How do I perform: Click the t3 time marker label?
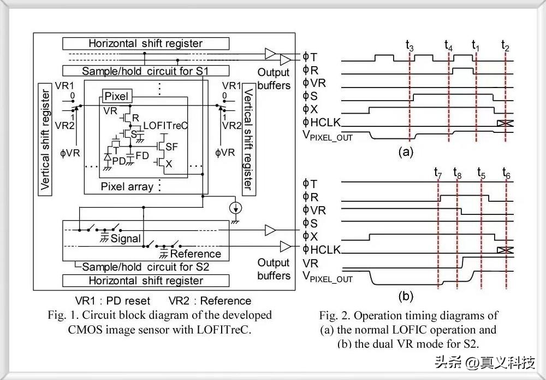[x=410, y=46]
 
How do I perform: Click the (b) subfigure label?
[x=406, y=297]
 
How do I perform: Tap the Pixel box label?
[x=116, y=97]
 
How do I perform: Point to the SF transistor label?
[x=172, y=147]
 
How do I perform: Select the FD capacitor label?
[x=143, y=156]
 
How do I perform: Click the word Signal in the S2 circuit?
[x=126, y=238]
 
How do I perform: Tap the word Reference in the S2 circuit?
[x=195, y=254]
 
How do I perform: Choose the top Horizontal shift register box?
[x=145, y=43]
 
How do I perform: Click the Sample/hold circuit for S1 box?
[x=145, y=71]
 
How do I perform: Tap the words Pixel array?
[x=127, y=186]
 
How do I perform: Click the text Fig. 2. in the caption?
[x=335, y=315]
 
